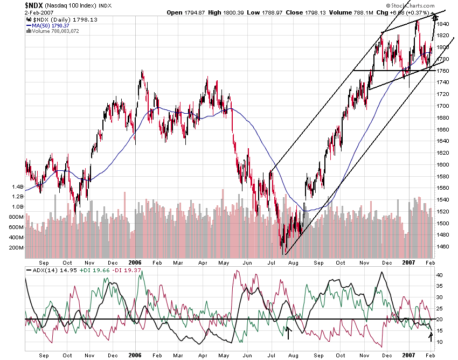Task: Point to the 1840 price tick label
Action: pyautogui.click(x=443, y=24)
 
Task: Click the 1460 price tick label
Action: pyautogui.click(x=443, y=247)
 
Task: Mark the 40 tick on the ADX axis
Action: pyautogui.click(x=440, y=275)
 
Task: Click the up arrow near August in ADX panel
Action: pyautogui.click(x=288, y=333)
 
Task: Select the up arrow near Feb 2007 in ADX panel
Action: pyautogui.click(x=431, y=337)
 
